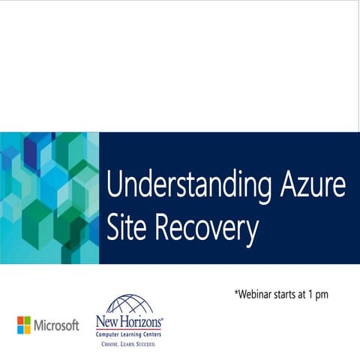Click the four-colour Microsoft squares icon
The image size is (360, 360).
25,325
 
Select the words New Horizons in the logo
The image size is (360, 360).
128,323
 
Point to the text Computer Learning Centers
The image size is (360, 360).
128,335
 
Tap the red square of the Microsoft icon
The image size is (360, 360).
21,320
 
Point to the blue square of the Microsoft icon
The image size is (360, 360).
21,329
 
